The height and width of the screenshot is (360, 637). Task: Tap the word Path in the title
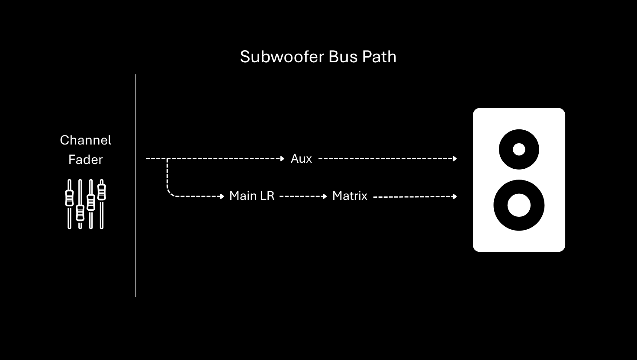(x=380, y=57)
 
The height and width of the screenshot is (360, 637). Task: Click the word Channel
(x=86, y=140)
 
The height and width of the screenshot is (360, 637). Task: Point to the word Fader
(x=86, y=160)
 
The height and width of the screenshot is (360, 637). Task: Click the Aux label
(x=301, y=159)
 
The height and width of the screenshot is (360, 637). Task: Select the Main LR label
(x=252, y=196)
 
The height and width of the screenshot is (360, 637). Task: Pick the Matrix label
(x=350, y=196)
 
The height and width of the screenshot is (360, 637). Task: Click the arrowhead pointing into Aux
(x=283, y=159)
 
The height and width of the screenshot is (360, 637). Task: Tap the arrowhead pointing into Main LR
(x=222, y=196)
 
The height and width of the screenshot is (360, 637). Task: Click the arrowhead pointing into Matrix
(x=325, y=196)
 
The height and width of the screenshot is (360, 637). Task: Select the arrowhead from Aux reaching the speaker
(x=455, y=159)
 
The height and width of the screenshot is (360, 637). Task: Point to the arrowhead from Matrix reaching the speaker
(x=455, y=196)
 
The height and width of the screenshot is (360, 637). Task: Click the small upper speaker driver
(x=519, y=149)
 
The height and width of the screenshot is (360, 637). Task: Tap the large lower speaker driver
(x=519, y=205)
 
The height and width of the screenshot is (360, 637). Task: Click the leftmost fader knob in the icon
(x=69, y=198)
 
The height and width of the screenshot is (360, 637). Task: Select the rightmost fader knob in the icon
(x=102, y=192)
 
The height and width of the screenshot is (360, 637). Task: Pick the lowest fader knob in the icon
(x=80, y=212)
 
